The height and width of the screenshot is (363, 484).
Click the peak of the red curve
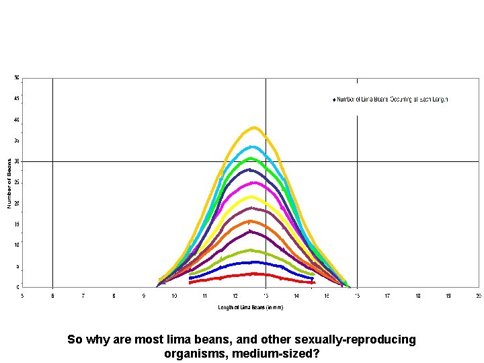coord(253,274)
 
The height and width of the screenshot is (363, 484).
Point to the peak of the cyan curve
coord(252,147)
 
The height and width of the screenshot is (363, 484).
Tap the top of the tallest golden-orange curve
coord(253,127)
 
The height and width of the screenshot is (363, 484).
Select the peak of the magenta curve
coord(252,182)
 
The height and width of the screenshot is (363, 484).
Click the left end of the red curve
coord(190,282)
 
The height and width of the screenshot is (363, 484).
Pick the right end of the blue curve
coord(312,278)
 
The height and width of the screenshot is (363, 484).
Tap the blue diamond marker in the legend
coord(333,99)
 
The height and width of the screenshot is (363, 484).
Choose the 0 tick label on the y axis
coord(17,287)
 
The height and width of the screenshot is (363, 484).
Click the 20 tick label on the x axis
coord(478,296)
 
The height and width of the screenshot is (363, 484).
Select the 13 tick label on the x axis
coord(266,296)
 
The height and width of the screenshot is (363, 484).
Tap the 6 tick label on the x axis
coord(52,296)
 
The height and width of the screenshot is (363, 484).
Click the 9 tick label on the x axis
coord(144,296)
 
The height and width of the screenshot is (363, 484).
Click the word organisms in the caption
coord(191,353)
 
